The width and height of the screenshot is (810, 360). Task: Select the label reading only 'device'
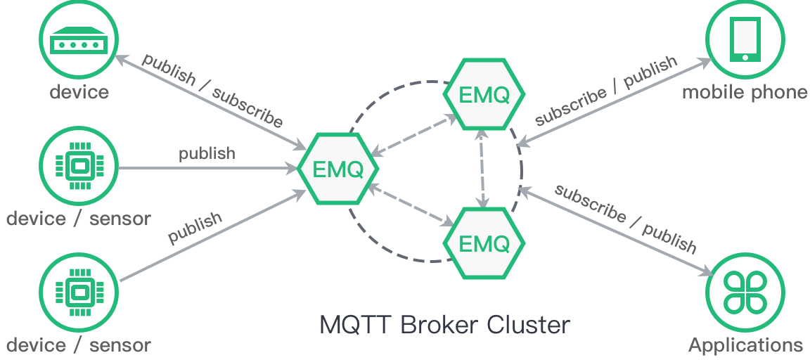tap(79, 92)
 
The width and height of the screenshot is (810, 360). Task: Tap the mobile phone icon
tap(745, 39)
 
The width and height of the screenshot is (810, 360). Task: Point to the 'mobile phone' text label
tap(745, 92)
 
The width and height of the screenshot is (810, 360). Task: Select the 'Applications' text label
tap(745, 345)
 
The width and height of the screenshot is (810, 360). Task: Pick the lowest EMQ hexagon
tap(484, 243)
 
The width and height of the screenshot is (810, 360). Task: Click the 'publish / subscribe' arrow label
tap(212, 91)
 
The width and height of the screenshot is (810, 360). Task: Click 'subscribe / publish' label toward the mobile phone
tap(606, 91)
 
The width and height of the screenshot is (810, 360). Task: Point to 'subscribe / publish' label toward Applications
tap(625, 218)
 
